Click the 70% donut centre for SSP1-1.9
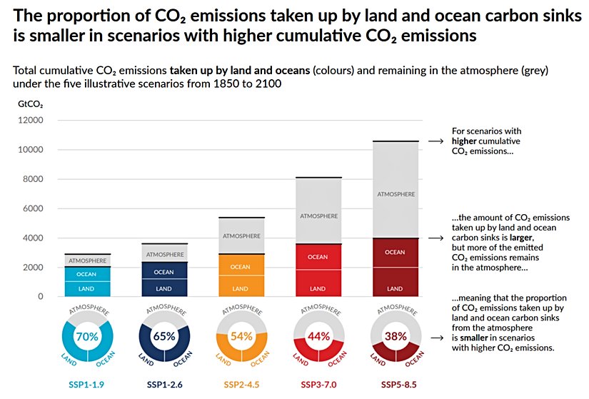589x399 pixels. [86, 336]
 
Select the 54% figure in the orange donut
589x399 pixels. [241, 336]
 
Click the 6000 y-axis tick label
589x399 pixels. [33, 208]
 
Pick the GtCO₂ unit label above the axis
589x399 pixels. [29, 103]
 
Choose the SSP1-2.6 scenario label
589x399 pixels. [163, 385]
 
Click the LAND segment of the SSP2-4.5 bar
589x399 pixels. [241, 288]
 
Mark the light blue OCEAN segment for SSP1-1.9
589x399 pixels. [86, 273]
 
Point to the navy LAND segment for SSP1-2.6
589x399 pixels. [163, 288]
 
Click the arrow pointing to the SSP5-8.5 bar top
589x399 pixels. [436, 142]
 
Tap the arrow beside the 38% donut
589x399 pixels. [436, 336]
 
